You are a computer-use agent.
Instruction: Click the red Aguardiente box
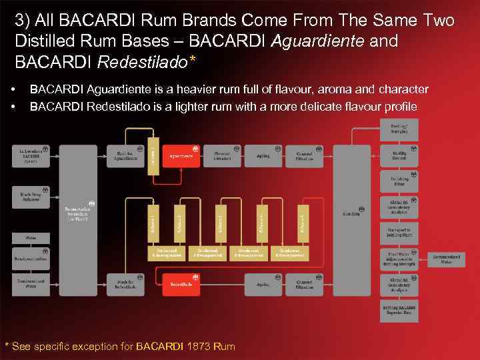click(181, 155)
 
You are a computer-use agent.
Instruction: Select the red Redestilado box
click(181, 284)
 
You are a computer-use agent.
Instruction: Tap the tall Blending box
click(351, 213)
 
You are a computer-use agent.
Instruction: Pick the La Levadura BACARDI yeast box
click(31, 156)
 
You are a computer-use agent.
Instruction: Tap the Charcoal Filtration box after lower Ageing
click(309, 284)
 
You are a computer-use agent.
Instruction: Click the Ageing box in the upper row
click(263, 155)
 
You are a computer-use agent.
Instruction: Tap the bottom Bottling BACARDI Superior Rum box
click(399, 311)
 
